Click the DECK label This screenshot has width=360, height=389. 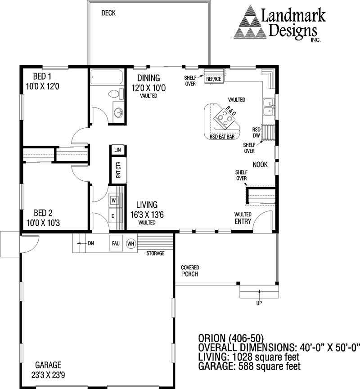tap(108, 13)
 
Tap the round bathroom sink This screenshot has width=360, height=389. tap(118, 112)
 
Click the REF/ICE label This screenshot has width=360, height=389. tap(214, 80)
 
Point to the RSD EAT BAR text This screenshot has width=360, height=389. tap(222, 137)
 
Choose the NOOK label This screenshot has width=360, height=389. tap(260, 165)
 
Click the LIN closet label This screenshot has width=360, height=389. tap(118, 150)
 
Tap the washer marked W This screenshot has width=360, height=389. tap(113, 200)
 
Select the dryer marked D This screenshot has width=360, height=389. tap(113, 215)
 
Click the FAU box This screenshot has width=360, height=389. tap(116, 243)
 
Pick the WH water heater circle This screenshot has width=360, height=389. tap(130, 243)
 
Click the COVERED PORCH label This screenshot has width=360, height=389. tap(190, 271)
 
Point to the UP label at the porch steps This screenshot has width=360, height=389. tap(259, 303)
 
